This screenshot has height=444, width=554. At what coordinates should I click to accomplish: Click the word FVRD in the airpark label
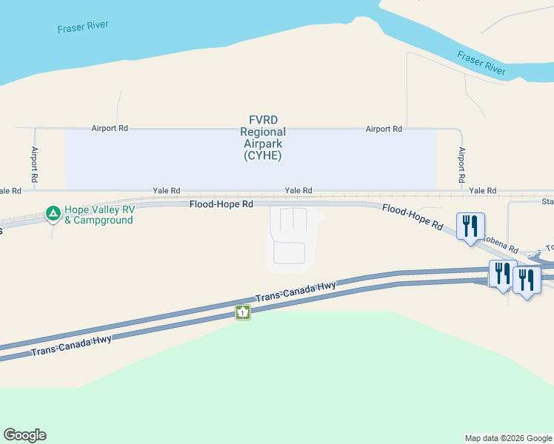point(262,120)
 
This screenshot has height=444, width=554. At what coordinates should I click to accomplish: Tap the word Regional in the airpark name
point(262,132)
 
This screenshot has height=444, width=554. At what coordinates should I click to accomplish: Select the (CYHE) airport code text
point(262,156)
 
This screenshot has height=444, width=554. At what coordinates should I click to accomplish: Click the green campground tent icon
point(53,214)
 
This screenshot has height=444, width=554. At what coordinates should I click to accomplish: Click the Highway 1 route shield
point(243,312)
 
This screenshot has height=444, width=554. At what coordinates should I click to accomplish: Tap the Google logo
point(24,435)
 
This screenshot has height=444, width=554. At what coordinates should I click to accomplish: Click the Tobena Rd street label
point(501,242)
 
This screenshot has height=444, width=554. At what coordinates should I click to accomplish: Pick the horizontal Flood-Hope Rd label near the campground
point(221,203)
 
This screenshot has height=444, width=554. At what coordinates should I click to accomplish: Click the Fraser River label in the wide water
point(82,27)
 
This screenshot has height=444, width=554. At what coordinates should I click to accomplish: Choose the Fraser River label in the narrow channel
point(481,63)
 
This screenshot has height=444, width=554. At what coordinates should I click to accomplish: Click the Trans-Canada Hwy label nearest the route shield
point(296,290)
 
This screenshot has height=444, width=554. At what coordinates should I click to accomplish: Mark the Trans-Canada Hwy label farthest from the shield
point(71,345)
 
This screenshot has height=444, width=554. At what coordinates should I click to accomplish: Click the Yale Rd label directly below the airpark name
point(298,191)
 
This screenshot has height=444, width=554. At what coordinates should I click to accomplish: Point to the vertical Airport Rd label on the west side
point(35,164)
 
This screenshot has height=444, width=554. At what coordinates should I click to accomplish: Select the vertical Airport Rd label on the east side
point(461,164)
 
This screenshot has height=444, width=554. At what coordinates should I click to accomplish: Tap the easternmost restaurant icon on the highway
point(526,279)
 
